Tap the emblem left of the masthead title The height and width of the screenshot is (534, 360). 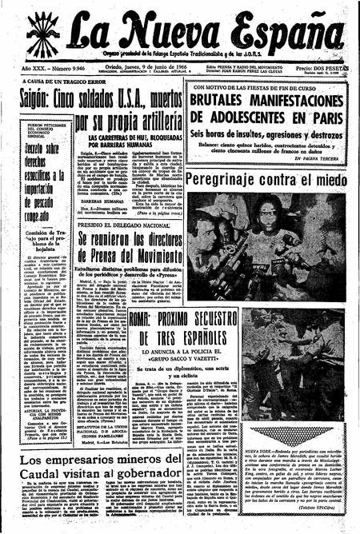44,33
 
